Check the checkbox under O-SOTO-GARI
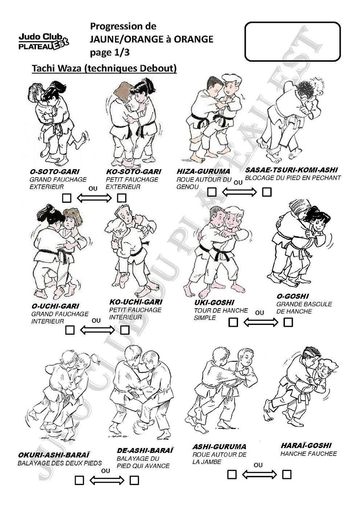(67, 198)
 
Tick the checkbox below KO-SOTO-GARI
(122, 198)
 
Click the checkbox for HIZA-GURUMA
(212, 192)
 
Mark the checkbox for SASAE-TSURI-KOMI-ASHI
(267, 192)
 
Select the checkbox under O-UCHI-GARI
(70, 330)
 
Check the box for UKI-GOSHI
(233, 322)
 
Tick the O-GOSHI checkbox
(288, 322)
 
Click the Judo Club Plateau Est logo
(44, 42)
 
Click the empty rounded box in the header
(292, 42)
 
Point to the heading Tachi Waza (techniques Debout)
(104, 68)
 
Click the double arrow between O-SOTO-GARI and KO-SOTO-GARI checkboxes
(94, 198)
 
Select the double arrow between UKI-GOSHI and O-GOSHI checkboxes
(261, 322)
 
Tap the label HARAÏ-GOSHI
(306, 445)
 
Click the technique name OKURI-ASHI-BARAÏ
(54, 455)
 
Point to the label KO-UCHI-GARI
(136, 302)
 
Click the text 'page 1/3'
(110, 53)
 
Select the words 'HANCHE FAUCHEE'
(309, 454)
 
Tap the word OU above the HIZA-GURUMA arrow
(238, 183)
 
